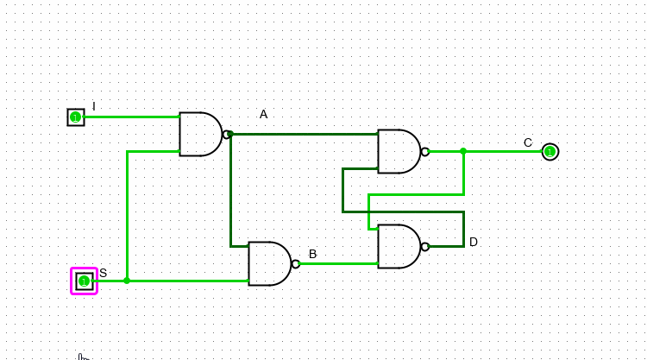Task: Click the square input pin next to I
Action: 76,117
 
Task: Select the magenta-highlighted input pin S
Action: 84,281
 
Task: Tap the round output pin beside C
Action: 550,152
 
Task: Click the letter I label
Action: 94,106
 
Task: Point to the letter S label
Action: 103,273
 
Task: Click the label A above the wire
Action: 263,114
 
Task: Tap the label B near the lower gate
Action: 312,254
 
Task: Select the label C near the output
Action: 528,142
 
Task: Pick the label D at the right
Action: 473,242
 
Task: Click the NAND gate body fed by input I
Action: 199,134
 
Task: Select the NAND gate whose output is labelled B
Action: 268,263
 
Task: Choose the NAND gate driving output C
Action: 398,151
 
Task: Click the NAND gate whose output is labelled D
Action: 398,246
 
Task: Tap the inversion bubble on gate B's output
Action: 296,264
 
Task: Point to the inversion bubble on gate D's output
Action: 425,247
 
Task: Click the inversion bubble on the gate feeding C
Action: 425,152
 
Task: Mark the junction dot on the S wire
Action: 127,281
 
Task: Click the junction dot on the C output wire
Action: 463,151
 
